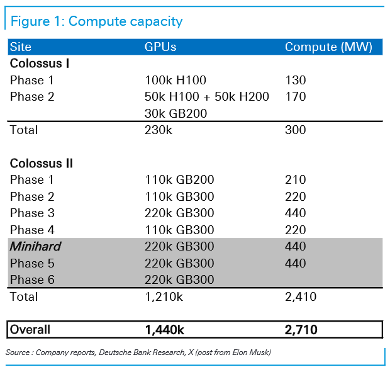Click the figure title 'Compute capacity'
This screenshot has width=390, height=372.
click(125, 21)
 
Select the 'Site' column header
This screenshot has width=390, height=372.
click(21, 47)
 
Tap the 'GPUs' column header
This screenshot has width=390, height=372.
click(160, 47)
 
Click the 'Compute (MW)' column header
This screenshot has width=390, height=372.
click(328, 47)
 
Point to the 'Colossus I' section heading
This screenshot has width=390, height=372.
click(40, 64)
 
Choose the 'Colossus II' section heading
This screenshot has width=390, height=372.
click(42, 164)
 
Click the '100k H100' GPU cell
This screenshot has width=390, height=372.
click(175, 80)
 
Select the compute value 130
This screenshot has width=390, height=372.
click(295, 80)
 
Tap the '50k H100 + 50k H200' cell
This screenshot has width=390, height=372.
click(207, 96)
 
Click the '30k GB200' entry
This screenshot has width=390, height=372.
click(175, 113)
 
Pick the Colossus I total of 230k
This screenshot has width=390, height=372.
click(158, 130)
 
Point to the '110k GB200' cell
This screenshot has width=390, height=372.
click(179, 179)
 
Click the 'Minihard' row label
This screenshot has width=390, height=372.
click(35, 246)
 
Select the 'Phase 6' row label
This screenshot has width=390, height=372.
click(32, 279)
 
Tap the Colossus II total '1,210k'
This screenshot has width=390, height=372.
click(164, 296)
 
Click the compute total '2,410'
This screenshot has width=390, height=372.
click(301, 296)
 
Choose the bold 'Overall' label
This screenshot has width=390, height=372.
click(30, 329)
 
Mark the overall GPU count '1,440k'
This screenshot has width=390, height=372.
click(164, 330)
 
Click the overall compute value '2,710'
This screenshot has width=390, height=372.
click(301, 330)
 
